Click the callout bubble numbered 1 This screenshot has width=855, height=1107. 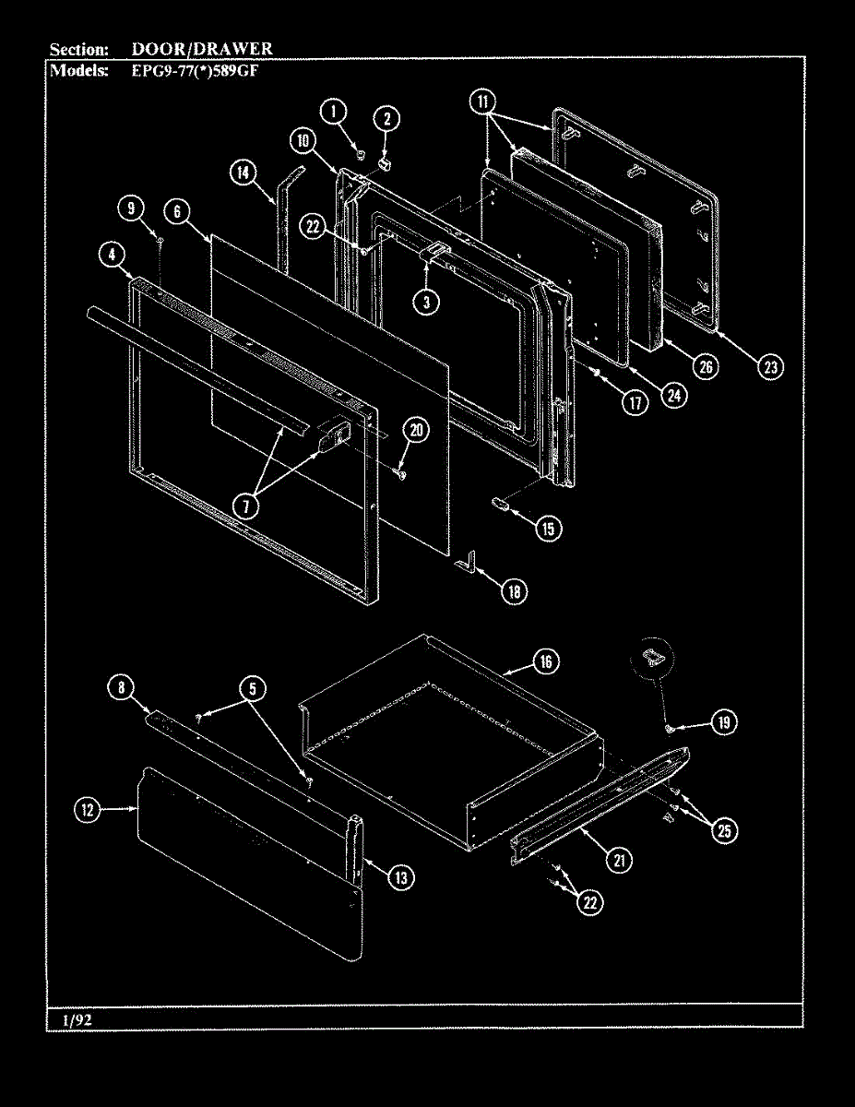334,112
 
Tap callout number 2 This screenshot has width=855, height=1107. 386,117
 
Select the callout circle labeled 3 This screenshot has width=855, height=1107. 425,302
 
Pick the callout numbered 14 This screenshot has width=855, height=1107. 243,173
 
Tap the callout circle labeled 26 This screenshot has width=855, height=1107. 706,367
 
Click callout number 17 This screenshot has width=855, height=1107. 634,402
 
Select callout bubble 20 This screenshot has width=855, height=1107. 417,429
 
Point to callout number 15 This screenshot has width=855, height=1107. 548,528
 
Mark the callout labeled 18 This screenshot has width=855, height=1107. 515,591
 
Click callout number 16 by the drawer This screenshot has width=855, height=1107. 545,661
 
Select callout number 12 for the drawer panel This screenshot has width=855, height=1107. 88,810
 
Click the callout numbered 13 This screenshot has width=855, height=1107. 400,877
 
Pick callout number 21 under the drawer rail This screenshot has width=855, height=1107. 618,860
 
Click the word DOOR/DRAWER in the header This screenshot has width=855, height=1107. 202,49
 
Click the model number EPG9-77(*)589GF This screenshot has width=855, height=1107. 195,69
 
